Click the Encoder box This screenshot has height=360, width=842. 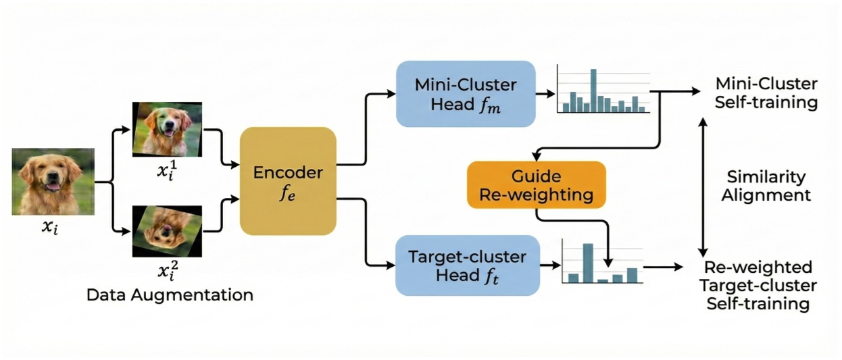click(x=288, y=181)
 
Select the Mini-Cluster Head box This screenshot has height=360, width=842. click(x=466, y=95)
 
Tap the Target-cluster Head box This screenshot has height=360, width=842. click(x=467, y=265)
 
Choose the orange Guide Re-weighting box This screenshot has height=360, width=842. click(x=536, y=186)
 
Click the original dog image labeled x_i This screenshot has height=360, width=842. click(x=53, y=181)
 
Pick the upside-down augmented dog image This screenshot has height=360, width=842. click(x=167, y=231)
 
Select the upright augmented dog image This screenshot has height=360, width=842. click(x=167, y=128)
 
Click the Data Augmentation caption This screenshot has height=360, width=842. click(x=170, y=295)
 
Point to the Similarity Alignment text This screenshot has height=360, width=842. click(x=766, y=186)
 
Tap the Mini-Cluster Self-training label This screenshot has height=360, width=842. click(x=766, y=94)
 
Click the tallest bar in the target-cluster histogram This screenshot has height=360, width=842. click(x=588, y=263)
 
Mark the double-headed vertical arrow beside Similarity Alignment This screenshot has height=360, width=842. click(x=703, y=186)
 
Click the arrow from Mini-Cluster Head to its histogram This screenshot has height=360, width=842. click(x=544, y=95)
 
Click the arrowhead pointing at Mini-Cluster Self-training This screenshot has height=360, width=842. click(x=696, y=91)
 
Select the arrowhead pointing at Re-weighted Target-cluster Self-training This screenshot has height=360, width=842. click(x=678, y=267)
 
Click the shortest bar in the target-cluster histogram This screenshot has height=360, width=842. click(x=603, y=280)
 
